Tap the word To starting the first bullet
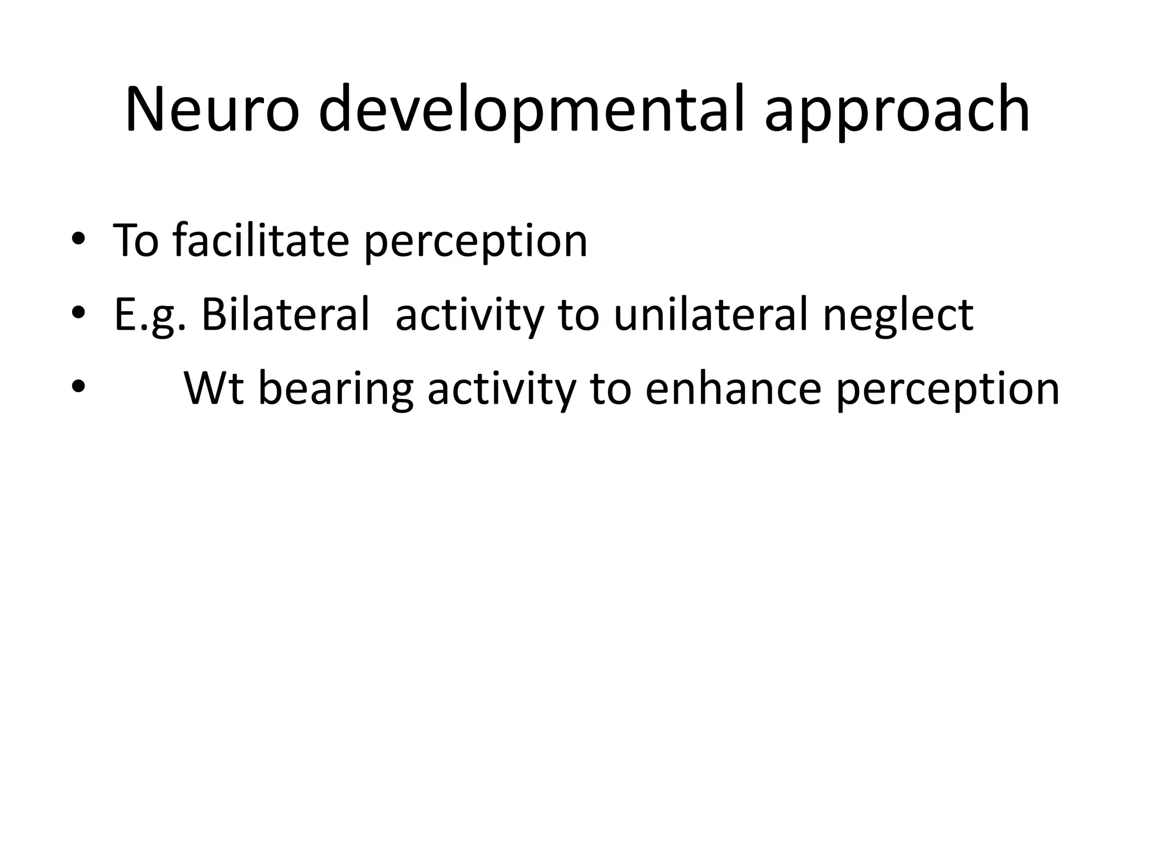[x=136, y=240]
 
